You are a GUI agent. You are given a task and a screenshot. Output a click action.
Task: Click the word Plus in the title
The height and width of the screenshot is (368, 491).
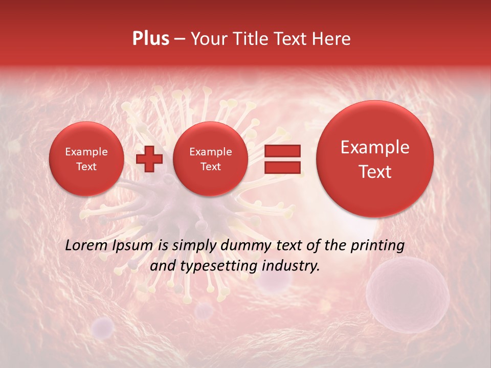pos(150,39)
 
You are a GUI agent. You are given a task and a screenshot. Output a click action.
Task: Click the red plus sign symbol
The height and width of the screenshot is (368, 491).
pos(149,159)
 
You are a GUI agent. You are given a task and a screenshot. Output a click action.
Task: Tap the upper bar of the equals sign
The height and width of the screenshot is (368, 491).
pos(282,151)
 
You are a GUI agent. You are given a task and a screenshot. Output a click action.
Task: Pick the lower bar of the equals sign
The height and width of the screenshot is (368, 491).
pos(282,168)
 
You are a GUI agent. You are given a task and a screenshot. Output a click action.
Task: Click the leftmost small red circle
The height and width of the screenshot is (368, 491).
pos(86,159)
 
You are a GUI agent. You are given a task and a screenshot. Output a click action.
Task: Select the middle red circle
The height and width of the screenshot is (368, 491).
pos(210,159)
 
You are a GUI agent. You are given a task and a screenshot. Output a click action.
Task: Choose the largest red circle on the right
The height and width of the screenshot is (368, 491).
pos(375,159)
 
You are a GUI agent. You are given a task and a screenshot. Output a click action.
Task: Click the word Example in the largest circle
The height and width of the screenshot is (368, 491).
pos(375,147)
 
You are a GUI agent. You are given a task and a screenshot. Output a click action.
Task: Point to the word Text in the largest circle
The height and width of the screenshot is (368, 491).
pos(375,172)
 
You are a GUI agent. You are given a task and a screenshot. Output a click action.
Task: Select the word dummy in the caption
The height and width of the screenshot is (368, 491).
pos(246,246)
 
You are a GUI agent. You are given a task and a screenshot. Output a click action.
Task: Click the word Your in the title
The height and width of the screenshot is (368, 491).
pos(207,39)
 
